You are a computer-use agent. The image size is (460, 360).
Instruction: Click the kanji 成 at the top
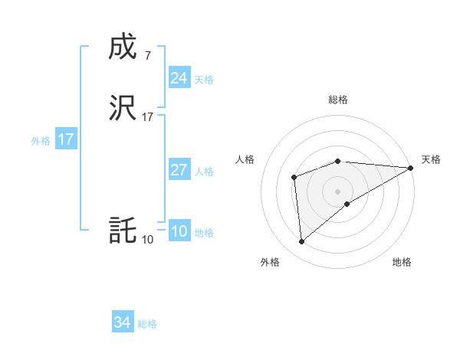tap(123, 47)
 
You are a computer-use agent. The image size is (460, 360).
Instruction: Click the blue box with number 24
tap(179, 78)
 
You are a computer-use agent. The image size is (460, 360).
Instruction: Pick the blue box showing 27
tap(179, 170)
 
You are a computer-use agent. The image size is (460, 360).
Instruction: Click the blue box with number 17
tap(65, 139)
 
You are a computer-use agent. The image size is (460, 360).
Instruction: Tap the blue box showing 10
tap(179, 231)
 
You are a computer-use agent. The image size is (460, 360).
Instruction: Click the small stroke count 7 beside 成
tap(147, 55)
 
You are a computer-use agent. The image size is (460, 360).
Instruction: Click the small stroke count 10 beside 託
tap(147, 240)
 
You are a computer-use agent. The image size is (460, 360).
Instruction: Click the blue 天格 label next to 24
tap(204, 80)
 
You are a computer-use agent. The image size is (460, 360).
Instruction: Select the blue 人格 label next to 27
tap(204, 172)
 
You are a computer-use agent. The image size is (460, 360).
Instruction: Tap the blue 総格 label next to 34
tap(147, 324)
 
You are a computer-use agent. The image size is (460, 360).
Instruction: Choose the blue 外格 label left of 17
tap(41, 141)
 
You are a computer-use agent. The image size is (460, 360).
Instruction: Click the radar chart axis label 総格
tap(338, 100)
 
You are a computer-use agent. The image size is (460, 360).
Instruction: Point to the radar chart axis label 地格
tap(402, 262)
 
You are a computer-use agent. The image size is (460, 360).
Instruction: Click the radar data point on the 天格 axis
tap(411, 168)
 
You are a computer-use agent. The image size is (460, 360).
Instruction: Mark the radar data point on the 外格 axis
tap(301, 242)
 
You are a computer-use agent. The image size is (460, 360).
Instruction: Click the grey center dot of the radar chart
tap(338, 191)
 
